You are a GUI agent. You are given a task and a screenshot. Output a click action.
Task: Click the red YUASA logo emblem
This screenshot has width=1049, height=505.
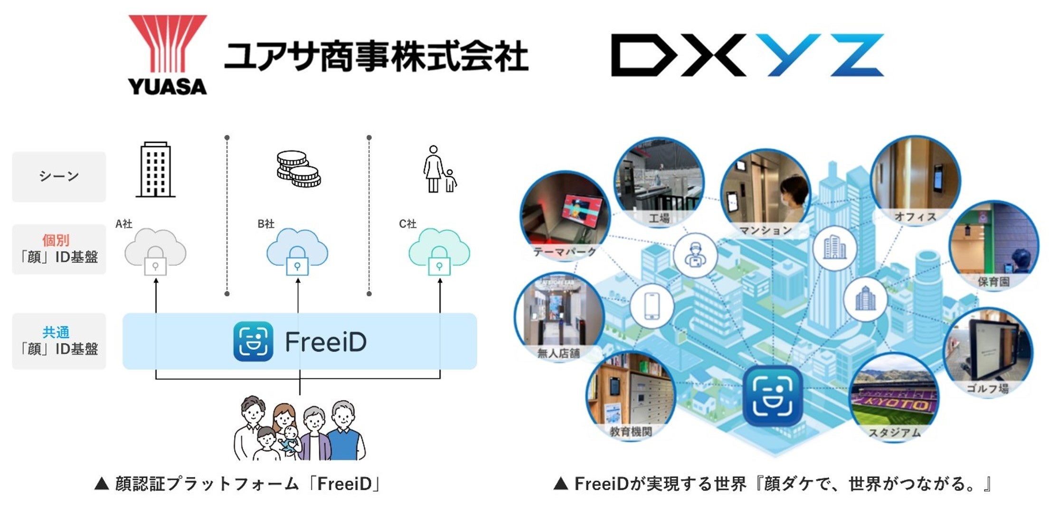click(x=167, y=45)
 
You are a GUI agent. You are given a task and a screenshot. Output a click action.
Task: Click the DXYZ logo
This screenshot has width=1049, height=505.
click(x=747, y=55)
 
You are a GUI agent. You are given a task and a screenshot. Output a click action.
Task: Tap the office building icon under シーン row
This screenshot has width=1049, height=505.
click(x=156, y=170)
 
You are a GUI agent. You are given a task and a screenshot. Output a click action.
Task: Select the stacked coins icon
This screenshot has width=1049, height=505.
click(x=298, y=169)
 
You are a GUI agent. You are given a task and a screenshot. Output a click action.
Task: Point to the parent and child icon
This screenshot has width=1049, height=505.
click(x=439, y=170)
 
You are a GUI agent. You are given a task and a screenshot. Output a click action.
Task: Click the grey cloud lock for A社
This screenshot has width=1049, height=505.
click(x=155, y=252)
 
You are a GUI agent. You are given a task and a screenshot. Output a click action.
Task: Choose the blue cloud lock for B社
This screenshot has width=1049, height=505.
click(x=297, y=252)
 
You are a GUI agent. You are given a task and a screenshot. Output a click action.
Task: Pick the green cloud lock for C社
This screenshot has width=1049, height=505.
click(x=439, y=252)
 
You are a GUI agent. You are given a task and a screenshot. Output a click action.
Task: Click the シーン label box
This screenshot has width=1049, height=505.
click(x=59, y=177)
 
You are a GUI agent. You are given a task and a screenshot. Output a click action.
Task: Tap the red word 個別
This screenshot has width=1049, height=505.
click(x=56, y=240)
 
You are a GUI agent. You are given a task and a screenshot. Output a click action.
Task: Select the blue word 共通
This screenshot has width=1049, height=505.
click(x=56, y=332)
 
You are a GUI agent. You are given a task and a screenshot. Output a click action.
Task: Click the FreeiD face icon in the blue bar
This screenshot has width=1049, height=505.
click(x=253, y=342)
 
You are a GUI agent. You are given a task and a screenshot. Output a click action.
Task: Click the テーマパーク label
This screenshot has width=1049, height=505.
click(x=565, y=251)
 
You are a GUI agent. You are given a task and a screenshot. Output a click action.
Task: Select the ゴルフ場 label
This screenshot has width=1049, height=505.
click(x=987, y=389)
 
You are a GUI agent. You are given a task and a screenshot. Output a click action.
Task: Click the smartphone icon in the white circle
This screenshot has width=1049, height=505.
click(x=652, y=306)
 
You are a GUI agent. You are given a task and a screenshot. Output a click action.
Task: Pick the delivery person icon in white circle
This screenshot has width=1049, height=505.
click(x=695, y=255)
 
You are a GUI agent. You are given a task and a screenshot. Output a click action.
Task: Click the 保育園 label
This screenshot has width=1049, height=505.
click(x=993, y=282)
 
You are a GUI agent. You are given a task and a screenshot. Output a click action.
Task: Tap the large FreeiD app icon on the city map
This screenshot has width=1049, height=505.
click(x=773, y=396)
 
